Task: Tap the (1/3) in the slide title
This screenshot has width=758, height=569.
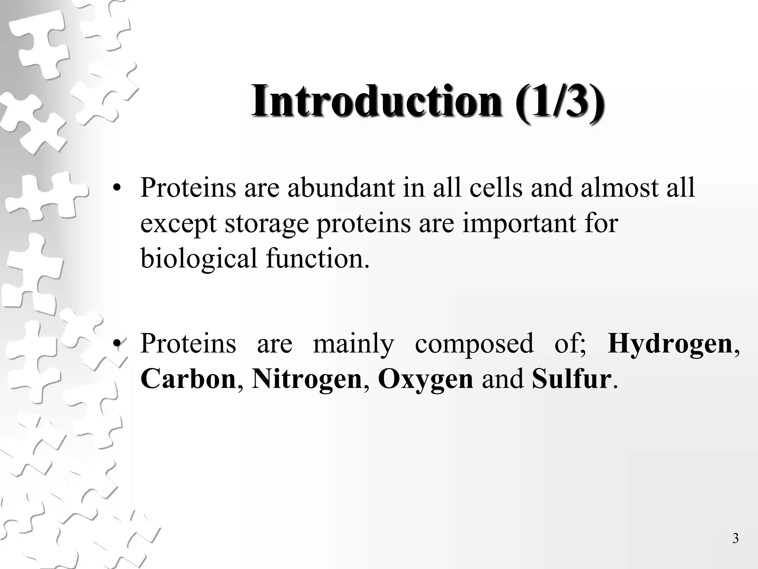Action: click(x=559, y=101)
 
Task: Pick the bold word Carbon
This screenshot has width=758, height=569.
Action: click(x=188, y=379)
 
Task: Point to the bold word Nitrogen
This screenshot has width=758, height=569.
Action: click(x=306, y=379)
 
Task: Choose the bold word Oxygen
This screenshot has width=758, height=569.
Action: click(x=425, y=379)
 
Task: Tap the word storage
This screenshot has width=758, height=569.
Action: click(x=266, y=224)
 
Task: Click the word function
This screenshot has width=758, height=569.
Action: click(x=318, y=259)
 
